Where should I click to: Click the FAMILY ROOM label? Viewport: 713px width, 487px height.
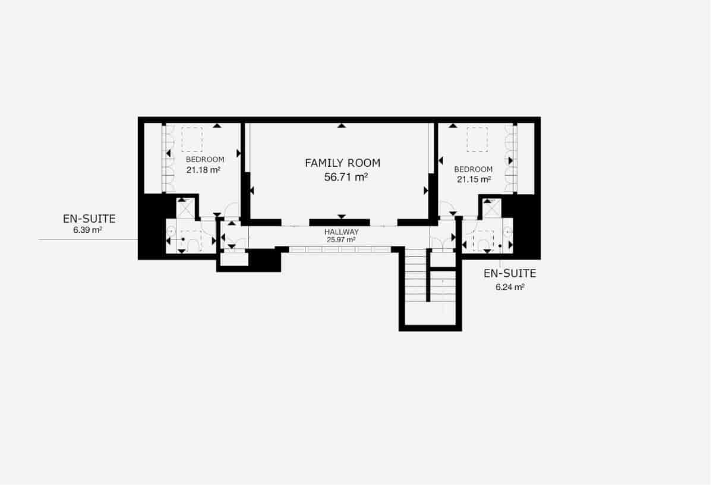point(342,163)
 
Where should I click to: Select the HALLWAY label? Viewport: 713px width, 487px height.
point(341,232)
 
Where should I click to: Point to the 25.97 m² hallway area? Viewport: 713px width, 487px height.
point(341,240)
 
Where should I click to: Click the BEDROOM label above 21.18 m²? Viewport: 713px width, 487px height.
point(205,160)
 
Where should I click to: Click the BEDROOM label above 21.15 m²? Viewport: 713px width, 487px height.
point(473,169)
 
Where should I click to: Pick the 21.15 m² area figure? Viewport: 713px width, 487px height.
point(474,179)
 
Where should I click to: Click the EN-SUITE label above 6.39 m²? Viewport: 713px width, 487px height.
point(89,219)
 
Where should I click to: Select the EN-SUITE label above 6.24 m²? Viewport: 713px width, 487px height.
point(510,274)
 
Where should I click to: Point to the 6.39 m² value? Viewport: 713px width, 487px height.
point(87,230)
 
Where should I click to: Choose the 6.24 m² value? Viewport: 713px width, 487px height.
point(510,286)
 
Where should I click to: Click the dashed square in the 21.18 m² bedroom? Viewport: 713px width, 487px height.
point(192,140)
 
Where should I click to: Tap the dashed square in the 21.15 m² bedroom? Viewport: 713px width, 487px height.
point(477,140)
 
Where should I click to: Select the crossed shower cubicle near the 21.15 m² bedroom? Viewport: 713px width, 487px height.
point(493,208)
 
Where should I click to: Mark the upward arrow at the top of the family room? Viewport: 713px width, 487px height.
point(341,125)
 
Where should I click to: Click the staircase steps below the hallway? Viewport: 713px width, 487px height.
point(416,279)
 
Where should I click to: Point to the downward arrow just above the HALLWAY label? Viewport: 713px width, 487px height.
point(341,216)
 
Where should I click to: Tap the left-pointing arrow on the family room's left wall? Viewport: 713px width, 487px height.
point(253,191)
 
